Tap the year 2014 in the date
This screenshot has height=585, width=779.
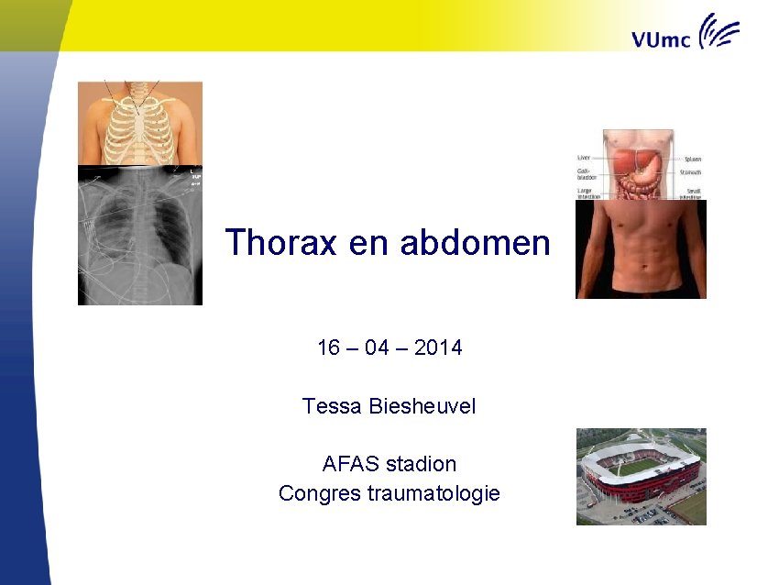[x=438, y=348]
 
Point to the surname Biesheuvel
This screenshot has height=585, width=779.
[x=422, y=406]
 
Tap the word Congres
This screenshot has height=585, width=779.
[x=319, y=493]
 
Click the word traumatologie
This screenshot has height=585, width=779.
[x=433, y=493]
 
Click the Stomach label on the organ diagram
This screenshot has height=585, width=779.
[x=691, y=172]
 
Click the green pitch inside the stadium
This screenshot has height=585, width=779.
[x=641, y=467]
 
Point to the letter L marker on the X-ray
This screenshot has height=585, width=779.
[x=192, y=171]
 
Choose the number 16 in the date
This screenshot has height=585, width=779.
[x=328, y=348]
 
